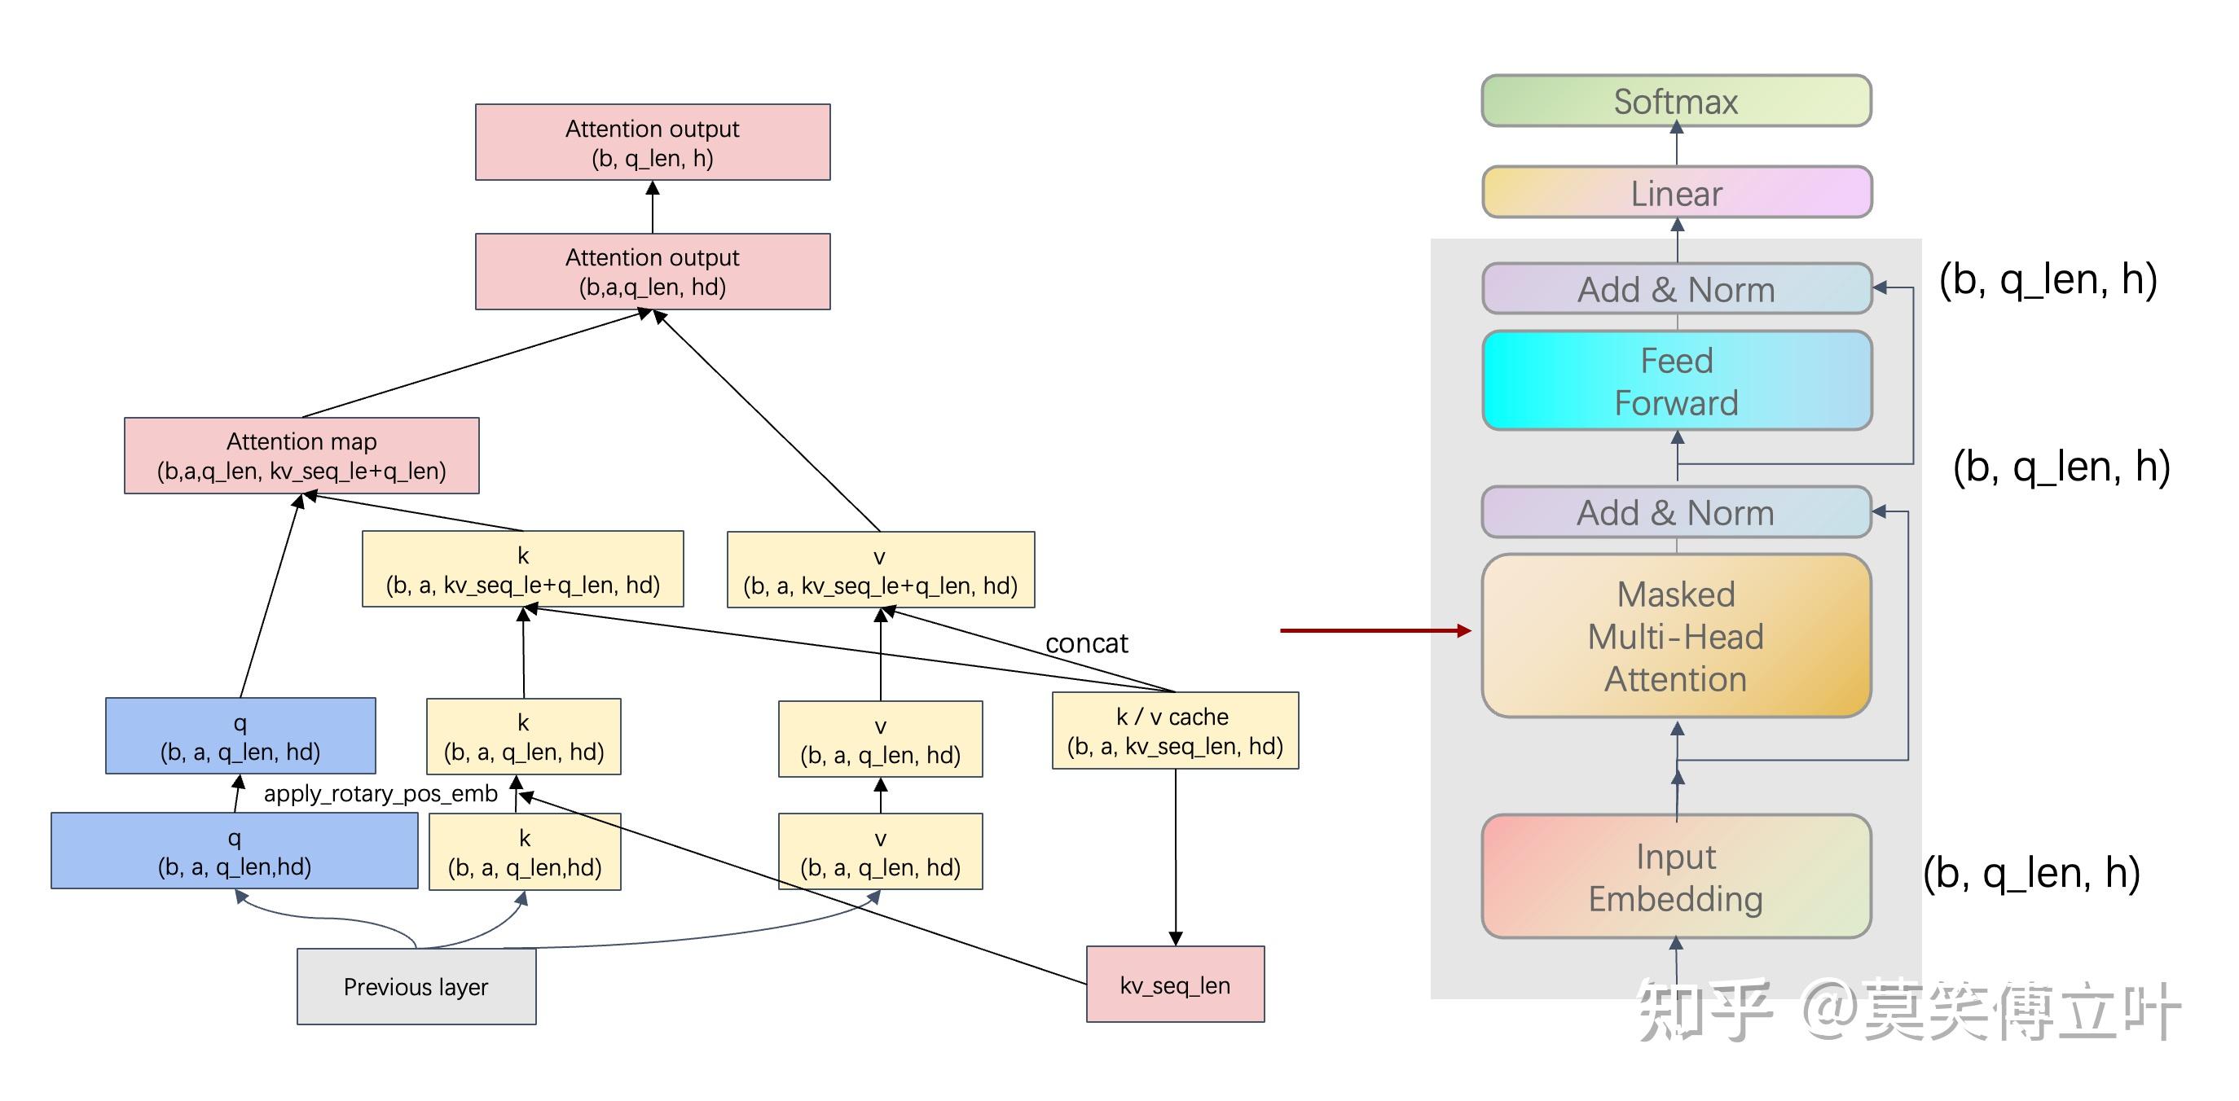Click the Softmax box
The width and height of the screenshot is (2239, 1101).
(x=1676, y=101)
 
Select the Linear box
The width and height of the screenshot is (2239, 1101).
(x=1677, y=192)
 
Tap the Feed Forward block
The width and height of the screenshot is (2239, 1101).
(x=1677, y=380)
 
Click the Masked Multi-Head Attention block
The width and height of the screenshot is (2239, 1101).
(x=1676, y=636)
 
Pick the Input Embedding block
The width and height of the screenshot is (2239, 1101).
(x=1676, y=876)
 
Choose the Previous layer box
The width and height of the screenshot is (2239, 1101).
(x=416, y=986)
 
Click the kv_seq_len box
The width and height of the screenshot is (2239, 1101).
(x=1175, y=985)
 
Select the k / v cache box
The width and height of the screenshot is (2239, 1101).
(x=1175, y=730)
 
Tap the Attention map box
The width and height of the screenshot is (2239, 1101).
(x=301, y=455)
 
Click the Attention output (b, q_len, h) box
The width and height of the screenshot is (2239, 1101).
(x=653, y=143)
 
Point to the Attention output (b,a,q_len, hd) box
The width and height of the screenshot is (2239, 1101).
(x=653, y=271)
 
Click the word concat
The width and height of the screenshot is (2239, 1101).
(x=1086, y=643)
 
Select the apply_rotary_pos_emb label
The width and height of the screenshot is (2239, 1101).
(x=380, y=793)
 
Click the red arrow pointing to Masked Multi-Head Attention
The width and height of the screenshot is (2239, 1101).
(x=1376, y=631)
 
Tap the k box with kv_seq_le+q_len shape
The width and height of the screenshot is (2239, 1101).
(x=523, y=569)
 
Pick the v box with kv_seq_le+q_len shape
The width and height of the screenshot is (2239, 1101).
(x=881, y=570)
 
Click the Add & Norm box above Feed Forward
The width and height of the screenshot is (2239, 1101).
(x=1677, y=288)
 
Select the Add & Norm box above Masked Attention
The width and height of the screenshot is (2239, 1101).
(x=1676, y=512)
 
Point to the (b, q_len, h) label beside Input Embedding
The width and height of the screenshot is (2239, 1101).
(x=2031, y=872)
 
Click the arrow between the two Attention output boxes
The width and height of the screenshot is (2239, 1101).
(x=653, y=207)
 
